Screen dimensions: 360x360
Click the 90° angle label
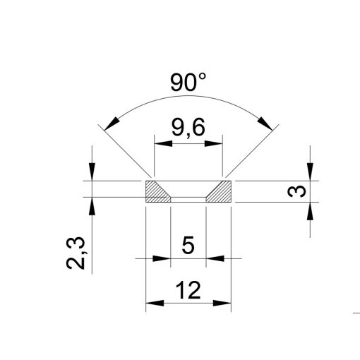pyautogui.click(x=188, y=83)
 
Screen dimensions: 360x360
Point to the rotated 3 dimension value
pyautogui.click(x=299, y=191)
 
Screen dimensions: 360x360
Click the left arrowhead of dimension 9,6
pyautogui.click(x=159, y=144)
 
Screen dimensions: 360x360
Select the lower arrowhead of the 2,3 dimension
pyautogui.click(x=92, y=204)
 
